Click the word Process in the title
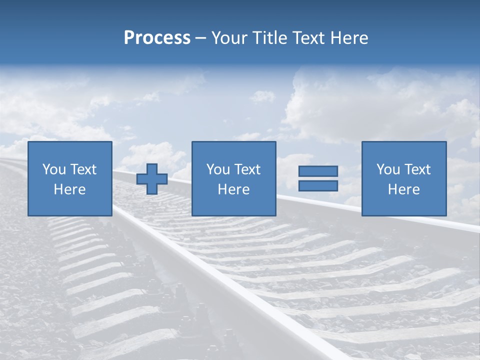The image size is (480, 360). pyautogui.click(x=157, y=38)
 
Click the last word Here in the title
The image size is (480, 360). pyautogui.click(x=348, y=38)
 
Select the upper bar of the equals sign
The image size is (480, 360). pyautogui.click(x=318, y=171)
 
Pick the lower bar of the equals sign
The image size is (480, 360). pyautogui.click(x=318, y=185)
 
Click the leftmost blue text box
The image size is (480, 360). pyautogui.click(x=69, y=178)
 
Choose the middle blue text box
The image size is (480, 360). pyautogui.click(x=233, y=178)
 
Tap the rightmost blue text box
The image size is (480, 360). pyautogui.click(x=403, y=178)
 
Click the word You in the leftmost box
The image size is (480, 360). pyautogui.click(x=54, y=169)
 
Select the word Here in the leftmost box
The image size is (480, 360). pyautogui.click(x=69, y=189)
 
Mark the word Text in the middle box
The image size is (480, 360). pyautogui.click(x=247, y=169)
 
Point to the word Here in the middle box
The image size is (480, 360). pyautogui.click(x=233, y=189)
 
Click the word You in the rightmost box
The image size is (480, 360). pyautogui.click(x=388, y=169)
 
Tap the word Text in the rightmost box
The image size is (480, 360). pyautogui.click(x=417, y=169)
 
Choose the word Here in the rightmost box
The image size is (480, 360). pyautogui.click(x=403, y=189)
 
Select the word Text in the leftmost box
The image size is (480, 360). pyautogui.click(x=83, y=169)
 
